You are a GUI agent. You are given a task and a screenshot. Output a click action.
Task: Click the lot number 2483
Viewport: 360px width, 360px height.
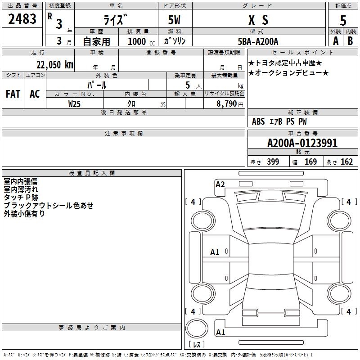22,19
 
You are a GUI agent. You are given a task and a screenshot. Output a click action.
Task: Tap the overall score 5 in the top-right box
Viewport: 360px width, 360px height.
343,20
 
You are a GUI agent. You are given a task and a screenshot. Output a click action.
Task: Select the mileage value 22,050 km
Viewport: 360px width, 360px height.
54,65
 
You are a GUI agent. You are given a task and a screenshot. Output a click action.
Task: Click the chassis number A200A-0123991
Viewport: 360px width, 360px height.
302,143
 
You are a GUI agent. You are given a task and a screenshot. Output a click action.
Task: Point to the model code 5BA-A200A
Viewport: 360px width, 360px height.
258,41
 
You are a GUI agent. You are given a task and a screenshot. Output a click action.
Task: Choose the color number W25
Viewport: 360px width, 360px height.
74,104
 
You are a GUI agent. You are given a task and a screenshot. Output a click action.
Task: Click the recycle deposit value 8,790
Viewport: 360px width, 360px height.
226,103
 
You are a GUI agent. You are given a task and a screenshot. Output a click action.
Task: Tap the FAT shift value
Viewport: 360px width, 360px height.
13,94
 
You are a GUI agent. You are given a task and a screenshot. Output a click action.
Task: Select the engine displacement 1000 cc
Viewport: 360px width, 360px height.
141,41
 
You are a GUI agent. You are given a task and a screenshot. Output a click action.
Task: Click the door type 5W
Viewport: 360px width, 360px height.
174,20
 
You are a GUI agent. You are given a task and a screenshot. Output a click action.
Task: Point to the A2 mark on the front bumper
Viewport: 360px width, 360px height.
220,184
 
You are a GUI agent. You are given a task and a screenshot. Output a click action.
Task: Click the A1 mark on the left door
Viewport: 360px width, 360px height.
215,252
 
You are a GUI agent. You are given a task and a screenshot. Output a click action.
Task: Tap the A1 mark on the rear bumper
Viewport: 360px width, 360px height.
220,332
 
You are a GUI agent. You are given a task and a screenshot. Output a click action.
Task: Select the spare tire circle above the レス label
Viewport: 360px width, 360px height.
197,328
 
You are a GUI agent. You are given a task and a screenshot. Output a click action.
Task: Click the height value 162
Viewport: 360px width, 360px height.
346,162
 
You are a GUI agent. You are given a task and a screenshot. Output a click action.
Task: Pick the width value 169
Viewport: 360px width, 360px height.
310,162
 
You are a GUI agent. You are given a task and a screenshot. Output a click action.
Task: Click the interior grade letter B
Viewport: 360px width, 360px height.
351,41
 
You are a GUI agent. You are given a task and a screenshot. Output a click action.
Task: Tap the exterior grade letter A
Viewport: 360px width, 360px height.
336,41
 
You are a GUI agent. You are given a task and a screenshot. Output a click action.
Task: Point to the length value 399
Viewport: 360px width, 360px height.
273,162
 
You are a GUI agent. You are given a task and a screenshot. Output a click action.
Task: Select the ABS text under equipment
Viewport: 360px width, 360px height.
258,121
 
